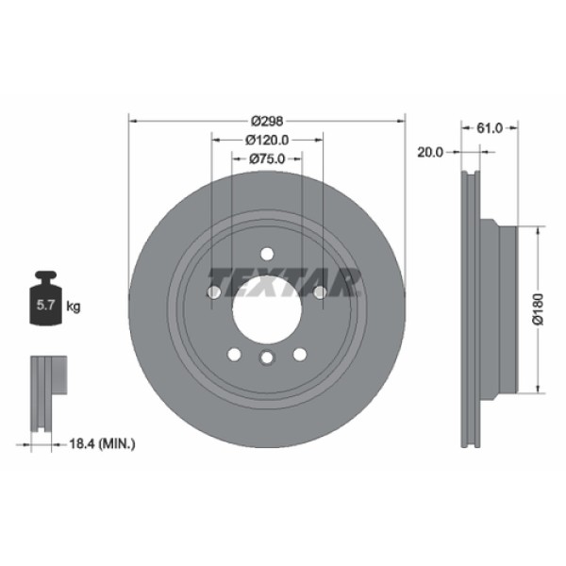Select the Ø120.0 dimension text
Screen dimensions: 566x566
click(x=267, y=140)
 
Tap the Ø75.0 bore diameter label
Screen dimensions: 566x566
click(x=267, y=159)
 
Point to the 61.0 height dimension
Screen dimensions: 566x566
click(x=489, y=127)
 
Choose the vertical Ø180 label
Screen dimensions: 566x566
click(x=538, y=308)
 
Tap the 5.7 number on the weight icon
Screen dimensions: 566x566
click(x=43, y=306)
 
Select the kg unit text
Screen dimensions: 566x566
click(x=74, y=306)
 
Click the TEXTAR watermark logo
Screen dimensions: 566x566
click(x=284, y=280)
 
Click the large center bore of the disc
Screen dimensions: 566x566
click(x=267, y=308)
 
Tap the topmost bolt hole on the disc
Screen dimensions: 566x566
click(x=267, y=253)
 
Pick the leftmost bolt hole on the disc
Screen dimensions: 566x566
click(x=213, y=292)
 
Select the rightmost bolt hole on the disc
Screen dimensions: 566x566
click(x=321, y=292)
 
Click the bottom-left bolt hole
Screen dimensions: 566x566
click(x=234, y=355)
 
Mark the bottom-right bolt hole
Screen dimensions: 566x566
click(x=300, y=355)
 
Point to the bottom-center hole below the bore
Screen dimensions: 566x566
click(x=267, y=358)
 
